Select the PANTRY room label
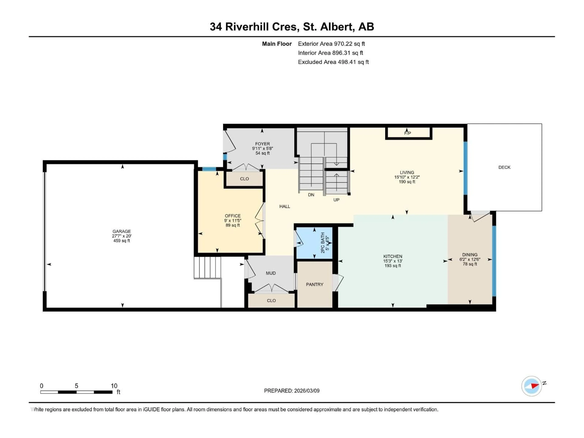tap(315, 285)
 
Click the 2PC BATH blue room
tap(314, 243)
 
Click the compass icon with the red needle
tap(532, 386)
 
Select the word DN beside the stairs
tap(311, 195)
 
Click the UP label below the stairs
tap(336, 200)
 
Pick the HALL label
tap(285, 207)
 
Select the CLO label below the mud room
tap(271, 301)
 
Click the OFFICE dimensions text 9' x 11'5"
tap(233, 221)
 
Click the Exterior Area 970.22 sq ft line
tap(331, 44)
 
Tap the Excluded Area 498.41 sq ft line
tap(333, 62)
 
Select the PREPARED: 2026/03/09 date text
tap(292, 391)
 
